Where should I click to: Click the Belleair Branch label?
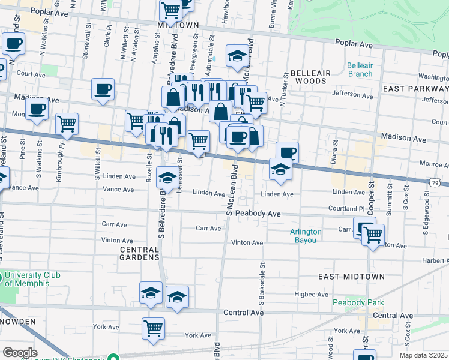point(360,70)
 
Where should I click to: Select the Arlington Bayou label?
point(306,236)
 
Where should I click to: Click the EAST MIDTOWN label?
point(351,277)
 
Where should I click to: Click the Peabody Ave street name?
point(258,214)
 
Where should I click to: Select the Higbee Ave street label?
point(309,294)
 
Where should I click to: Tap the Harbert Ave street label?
point(435,260)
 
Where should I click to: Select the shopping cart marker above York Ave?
point(154,328)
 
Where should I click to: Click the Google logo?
point(20,353)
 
